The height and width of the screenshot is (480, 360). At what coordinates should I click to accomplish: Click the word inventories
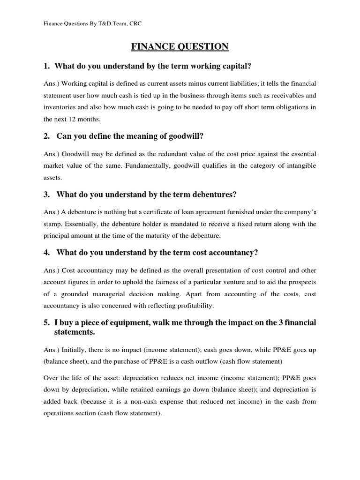(60, 107)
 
